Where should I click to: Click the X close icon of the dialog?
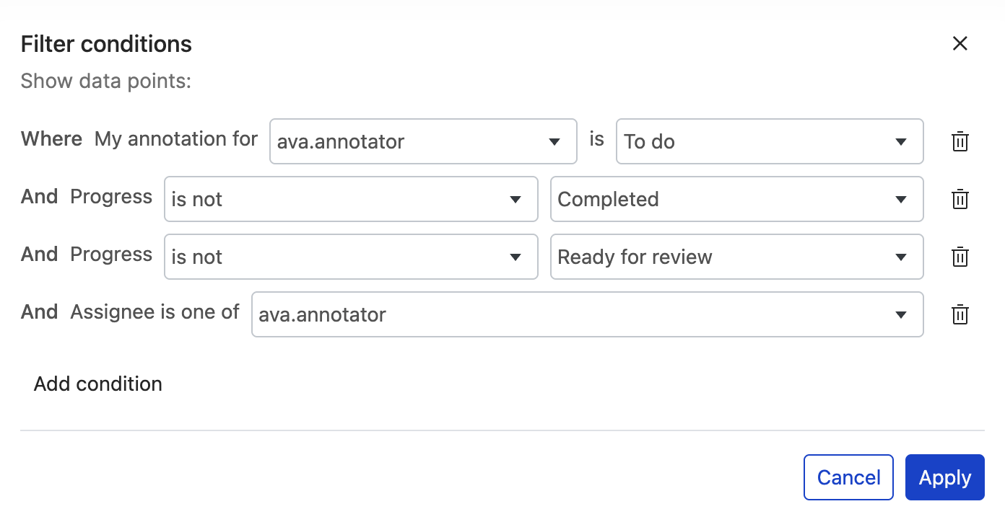[960, 44]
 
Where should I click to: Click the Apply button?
[944, 477]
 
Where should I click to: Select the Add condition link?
[98, 384]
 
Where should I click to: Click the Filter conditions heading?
[106, 45]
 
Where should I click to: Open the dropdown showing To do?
[769, 141]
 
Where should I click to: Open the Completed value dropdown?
[736, 199]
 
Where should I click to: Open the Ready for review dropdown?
[736, 257]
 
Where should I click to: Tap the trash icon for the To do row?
[960, 141]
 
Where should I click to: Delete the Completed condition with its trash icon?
[960, 199]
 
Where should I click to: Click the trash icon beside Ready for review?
[960, 257]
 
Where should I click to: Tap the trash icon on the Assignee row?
[960, 314]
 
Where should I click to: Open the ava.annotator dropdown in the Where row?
[423, 141]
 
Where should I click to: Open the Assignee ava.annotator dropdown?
[587, 314]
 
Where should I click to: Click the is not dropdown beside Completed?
[351, 199]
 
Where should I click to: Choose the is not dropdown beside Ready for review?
[351, 257]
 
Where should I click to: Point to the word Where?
[51, 139]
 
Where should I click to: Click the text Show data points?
[105, 81]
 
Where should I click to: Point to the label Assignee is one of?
[155, 312]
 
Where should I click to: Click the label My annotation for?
[176, 139]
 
